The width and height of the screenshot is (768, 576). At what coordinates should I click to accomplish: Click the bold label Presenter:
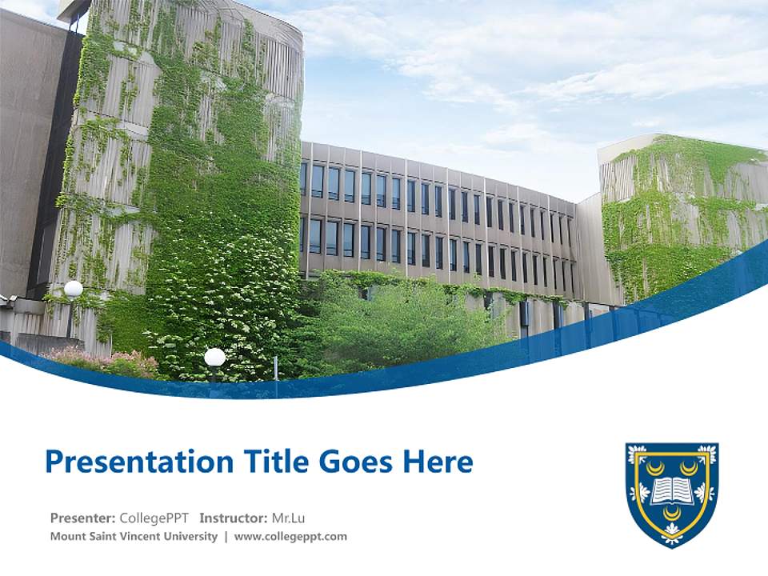tap(82, 517)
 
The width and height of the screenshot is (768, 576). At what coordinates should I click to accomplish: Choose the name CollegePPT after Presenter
tap(154, 517)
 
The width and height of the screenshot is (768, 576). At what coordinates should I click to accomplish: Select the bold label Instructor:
tap(233, 517)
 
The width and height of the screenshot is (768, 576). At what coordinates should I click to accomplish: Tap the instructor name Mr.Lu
tap(289, 517)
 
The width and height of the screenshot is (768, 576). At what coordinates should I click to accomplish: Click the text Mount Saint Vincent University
tap(134, 537)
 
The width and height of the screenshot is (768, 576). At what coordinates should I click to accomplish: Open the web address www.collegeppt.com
tap(290, 537)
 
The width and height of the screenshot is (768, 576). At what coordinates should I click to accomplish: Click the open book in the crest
tap(671, 489)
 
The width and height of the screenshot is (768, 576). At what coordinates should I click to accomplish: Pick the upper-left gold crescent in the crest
tap(655, 466)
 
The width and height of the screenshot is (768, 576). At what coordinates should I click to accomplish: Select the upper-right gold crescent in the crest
tap(688, 466)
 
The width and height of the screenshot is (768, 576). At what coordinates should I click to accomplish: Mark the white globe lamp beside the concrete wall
tap(74, 289)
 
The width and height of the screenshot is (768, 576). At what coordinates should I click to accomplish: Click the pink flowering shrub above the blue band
tap(104, 362)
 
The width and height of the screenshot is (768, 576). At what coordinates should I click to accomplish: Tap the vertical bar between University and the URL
tap(226, 537)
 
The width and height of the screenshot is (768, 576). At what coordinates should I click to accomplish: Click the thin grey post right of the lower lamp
tap(275, 366)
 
